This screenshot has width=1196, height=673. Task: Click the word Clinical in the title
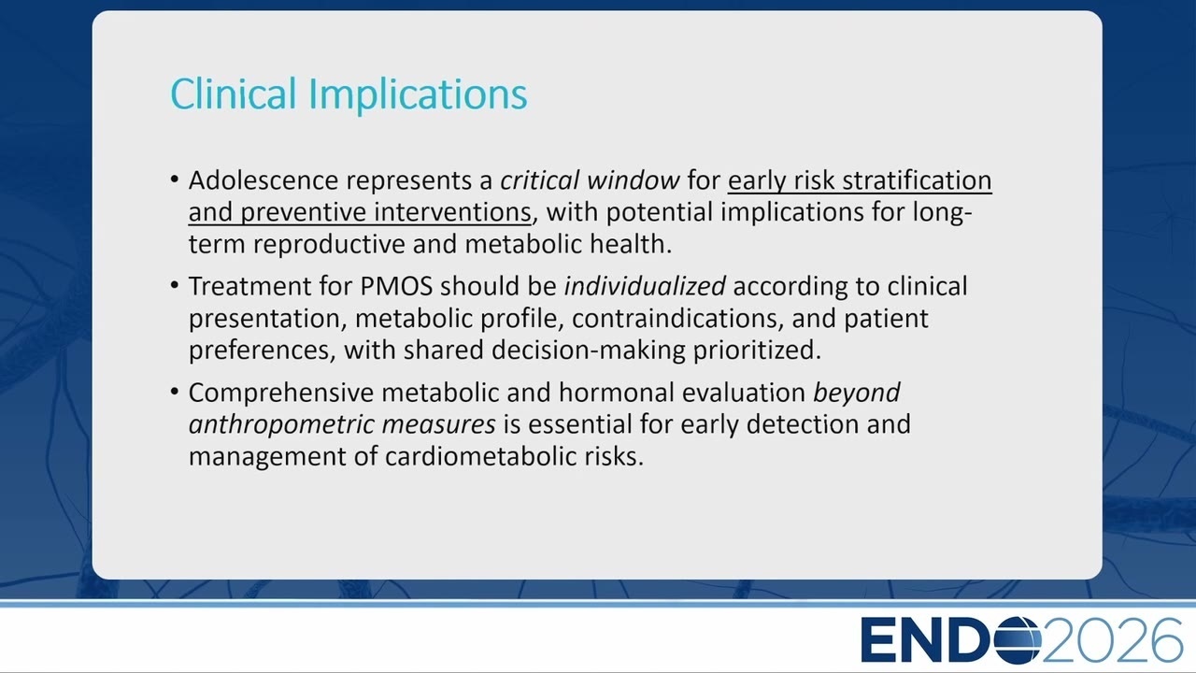pos(234,93)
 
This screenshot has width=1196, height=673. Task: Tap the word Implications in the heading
pos(419,96)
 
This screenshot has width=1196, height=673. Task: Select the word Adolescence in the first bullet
pos(263,180)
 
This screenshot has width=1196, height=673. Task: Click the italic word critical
pos(539,180)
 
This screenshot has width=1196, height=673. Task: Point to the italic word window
pos(634,180)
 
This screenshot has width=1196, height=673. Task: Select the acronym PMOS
pos(396,286)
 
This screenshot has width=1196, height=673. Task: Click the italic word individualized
pos(645,286)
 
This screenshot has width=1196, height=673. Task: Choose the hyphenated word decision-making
pos(589,351)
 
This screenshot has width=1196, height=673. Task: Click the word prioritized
pos(757,351)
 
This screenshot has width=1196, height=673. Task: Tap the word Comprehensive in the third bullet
pos(281,393)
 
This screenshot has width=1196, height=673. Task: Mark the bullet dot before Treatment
pos(175,285)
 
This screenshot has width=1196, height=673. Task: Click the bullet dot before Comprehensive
pos(175,392)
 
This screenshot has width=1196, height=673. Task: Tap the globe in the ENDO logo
pos(1018,640)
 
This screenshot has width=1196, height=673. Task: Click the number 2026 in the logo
pos(1112,640)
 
